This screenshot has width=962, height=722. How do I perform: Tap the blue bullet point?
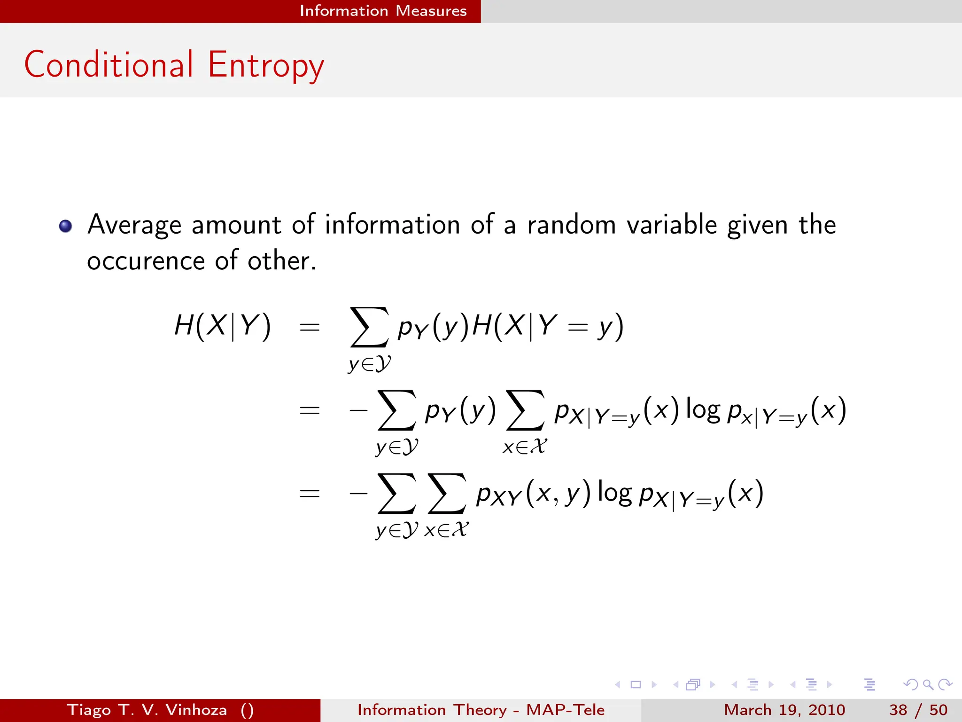click(66, 226)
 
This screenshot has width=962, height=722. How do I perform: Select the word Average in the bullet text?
click(134, 225)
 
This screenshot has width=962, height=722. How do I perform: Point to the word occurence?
click(146, 261)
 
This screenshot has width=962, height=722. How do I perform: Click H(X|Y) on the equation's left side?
click(223, 325)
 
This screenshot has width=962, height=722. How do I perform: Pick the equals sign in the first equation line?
click(310, 327)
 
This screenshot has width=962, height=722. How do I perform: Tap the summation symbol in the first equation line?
click(369, 327)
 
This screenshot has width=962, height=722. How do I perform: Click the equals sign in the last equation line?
click(310, 494)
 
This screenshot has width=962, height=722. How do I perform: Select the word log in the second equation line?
click(703, 410)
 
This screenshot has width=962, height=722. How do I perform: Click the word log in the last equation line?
click(614, 494)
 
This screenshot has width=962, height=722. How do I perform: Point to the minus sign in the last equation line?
click(358, 494)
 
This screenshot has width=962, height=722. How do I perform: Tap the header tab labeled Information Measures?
click(383, 11)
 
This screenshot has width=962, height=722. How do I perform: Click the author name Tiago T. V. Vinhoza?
click(147, 710)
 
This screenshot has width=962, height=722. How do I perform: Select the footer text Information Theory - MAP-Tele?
click(481, 710)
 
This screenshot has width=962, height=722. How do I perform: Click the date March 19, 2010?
click(784, 710)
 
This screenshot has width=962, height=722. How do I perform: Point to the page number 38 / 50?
click(918, 710)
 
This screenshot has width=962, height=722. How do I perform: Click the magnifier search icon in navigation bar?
click(928, 685)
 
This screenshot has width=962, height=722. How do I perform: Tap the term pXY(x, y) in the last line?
click(533, 494)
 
